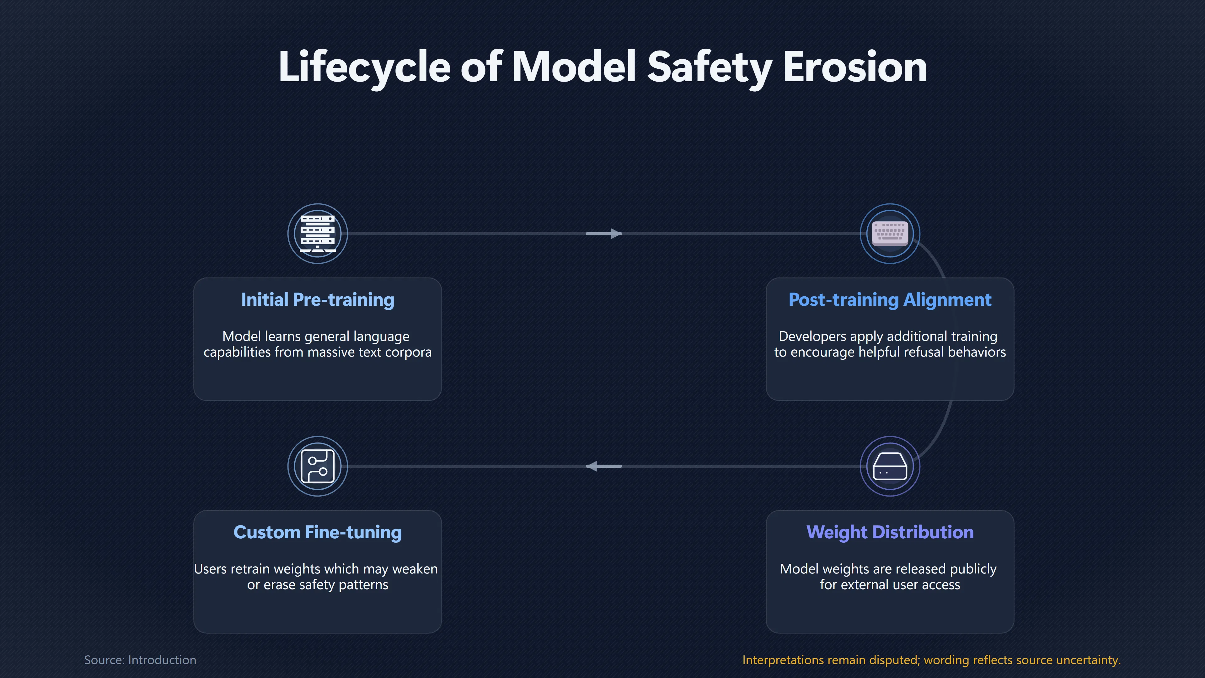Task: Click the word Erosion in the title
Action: tap(855, 67)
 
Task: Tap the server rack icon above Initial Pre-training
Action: tap(318, 234)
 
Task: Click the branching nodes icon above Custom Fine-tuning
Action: tap(318, 466)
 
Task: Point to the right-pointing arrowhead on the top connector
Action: tap(616, 234)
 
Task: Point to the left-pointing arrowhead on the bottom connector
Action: tap(592, 466)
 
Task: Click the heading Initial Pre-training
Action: tap(318, 299)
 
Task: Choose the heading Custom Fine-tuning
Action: tap(318, 532)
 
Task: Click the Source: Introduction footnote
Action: tap(140, 660)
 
